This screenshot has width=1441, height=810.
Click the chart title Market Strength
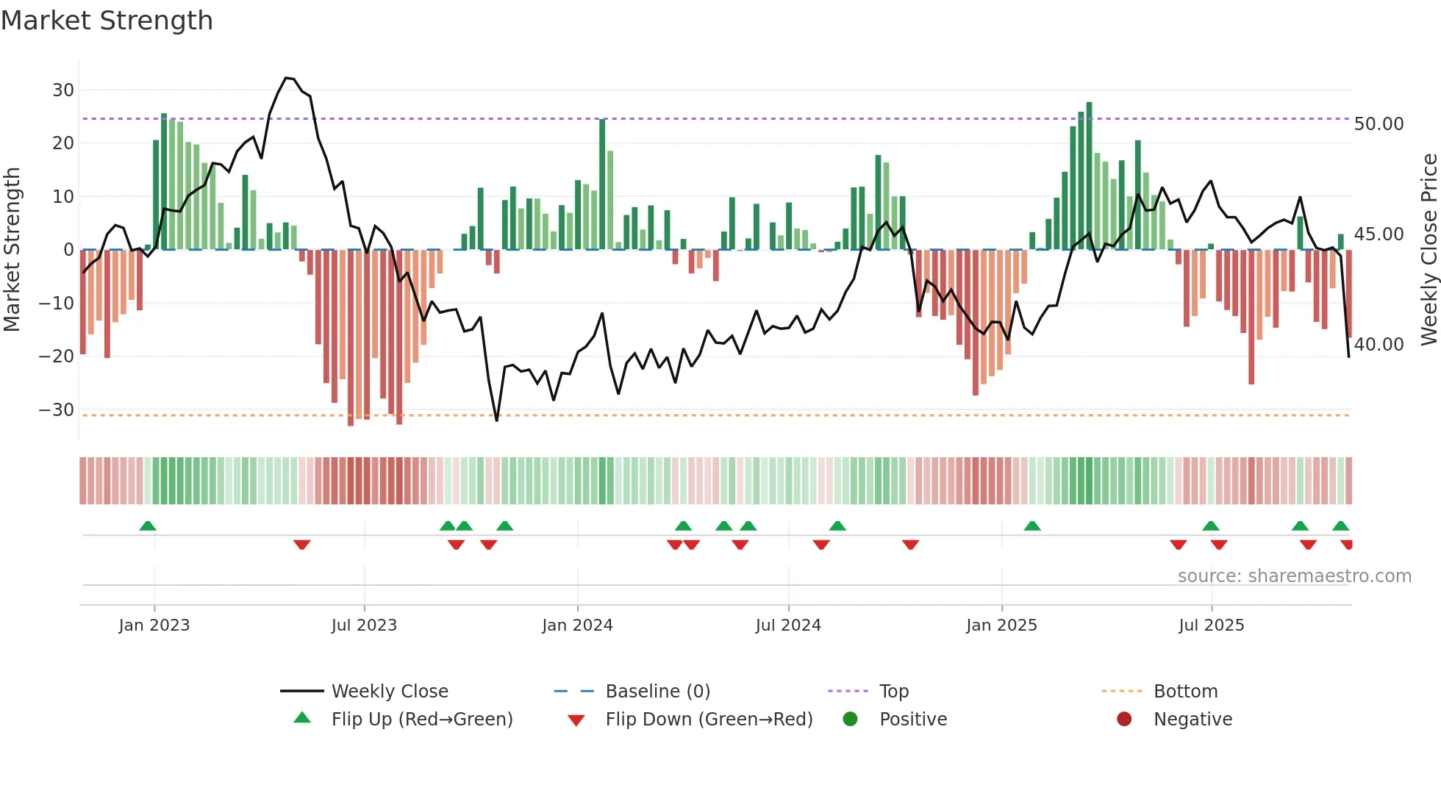pyautogui.click(x=107, y=21)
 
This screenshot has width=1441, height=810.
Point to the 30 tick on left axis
pyautogui.click(x=63, y=90)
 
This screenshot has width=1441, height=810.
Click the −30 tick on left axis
pyautogui.click(x=57, y=409)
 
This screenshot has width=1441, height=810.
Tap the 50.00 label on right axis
pyautogui.click(x=1379, y=123)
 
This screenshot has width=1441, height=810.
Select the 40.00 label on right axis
pyautogui.click(x=1379, y=344)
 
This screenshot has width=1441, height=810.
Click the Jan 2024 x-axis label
pyautogui.click(x=577, y=625)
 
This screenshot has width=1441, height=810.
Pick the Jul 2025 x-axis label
pyautogui.click(x=1211, y=625)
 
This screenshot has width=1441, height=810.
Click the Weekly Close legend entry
pyautogui.click(x=389, y=691)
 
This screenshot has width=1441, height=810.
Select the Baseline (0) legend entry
pyautogui.click(x=657, y=691)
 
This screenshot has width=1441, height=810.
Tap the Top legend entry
pyautogui.click(x=894, y=691)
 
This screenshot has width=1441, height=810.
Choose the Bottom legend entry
pyautogui.click(x=1185, y=691)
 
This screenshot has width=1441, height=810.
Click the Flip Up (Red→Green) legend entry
pyautogui.click(x=421, y=719)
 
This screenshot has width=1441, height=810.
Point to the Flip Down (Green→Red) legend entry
pyautogui.click(x=709, y=719)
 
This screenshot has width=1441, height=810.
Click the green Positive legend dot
pyautogui.click(x=851, y=719)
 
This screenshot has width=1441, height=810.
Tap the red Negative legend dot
pyautogui.click(x=1124, y=719)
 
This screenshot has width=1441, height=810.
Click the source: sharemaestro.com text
pyautogui.click(x=1294, y=576)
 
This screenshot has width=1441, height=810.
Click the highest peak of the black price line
pyautogui.click(x=287, y=77)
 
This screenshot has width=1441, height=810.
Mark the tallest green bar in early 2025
pyautogui.click(x=1089, y=176)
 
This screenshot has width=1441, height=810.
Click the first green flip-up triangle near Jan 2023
pyautogui.click(x=148, y=526)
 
